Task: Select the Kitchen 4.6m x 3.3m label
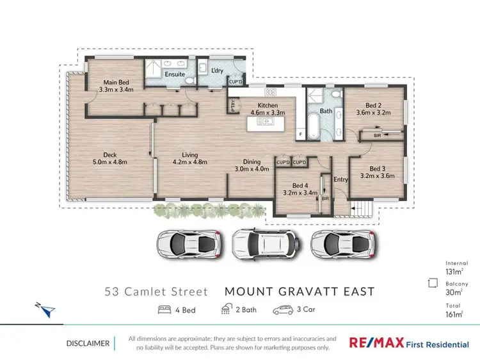point(266,108)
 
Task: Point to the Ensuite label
point(175,74)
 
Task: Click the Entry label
point(340,179)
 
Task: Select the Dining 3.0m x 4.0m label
point(251,165)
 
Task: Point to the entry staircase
point(362,208)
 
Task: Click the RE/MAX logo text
point(376,343)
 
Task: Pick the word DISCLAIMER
point(88,343)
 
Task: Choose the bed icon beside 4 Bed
point(164,311)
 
